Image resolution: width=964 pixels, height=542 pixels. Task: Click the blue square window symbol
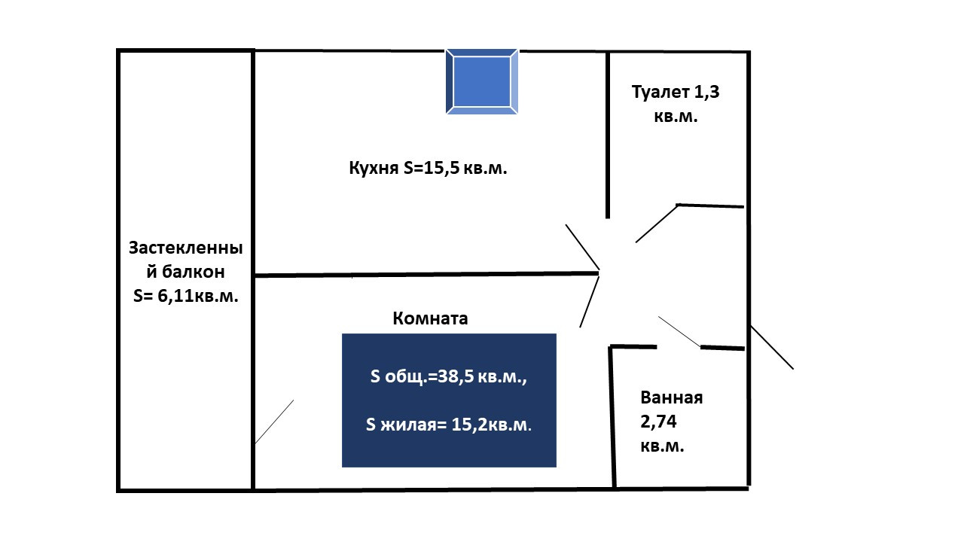pyautogui.click(x=481, y=82)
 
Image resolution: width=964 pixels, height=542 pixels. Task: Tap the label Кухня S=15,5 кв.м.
pyautogui.click(x=428, y=168)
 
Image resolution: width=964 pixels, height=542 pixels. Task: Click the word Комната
pyautogui.click(x=430, y=318)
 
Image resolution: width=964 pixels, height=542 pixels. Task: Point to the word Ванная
pyautogui.click(x=671, y=397)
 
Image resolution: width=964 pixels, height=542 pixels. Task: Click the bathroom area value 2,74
pyautogui.click(x=658, y=422)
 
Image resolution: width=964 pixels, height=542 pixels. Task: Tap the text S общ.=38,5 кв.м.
pyautogui.click(x=448, y=376)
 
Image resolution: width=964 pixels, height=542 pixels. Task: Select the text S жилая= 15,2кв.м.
pyautogui.click(x=448, y=425)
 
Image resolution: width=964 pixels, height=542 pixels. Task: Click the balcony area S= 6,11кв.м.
pyautogui.click(x=185, y=296)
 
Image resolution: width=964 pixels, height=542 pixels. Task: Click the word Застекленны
pyautogui.click(x=185, y=248)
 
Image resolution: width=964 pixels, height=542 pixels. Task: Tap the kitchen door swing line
pyautogui.click(x=582, y=248)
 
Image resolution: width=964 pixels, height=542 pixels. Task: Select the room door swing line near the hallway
pyautogui.click(x=589, y=302)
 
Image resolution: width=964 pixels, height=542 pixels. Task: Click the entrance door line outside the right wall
pyautogui.click(x=772, y=347)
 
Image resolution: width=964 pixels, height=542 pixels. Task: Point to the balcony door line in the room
pyautogui.click(x=274, y=422)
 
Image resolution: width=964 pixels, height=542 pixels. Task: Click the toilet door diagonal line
pyautogui.click(x=656, y=224)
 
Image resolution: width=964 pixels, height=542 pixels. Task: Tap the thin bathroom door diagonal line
pyautogui.click(x=679, y=332)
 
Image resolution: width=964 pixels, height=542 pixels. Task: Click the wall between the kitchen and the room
pyautogui.click(x=426, y=274)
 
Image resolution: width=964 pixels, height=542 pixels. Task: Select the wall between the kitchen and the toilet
pyautogui.click(x=608, y=135)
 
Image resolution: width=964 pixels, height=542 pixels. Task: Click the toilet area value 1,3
pyautogui.click(x=706, y=92)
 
